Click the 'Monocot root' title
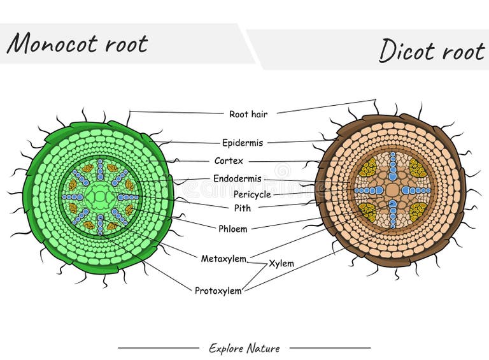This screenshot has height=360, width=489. click(77, 43)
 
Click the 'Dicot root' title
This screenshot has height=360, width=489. click(431, 50)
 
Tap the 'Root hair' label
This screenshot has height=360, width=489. click(248, 114)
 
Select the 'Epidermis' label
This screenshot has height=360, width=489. click(242, 143)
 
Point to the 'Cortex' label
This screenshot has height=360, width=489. click(229, 161)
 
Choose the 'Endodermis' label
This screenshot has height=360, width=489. click(237, 179)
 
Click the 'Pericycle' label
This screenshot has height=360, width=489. click(252, 194)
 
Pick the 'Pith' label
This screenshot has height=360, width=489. click(242, 208)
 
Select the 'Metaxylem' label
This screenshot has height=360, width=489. click(223, 259)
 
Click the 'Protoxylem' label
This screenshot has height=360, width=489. click(218, 291)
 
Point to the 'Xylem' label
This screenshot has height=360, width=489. click(281, 263)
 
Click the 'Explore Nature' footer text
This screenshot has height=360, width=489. click(244, 348)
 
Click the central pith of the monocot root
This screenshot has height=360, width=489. click(100, 197)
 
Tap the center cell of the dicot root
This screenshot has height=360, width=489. click(392, 191)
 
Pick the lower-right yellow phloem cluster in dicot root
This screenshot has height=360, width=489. click(417, 212)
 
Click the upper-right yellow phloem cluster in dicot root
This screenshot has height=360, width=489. click(417, 168)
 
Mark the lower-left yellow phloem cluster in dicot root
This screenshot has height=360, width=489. click(367, 212)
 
